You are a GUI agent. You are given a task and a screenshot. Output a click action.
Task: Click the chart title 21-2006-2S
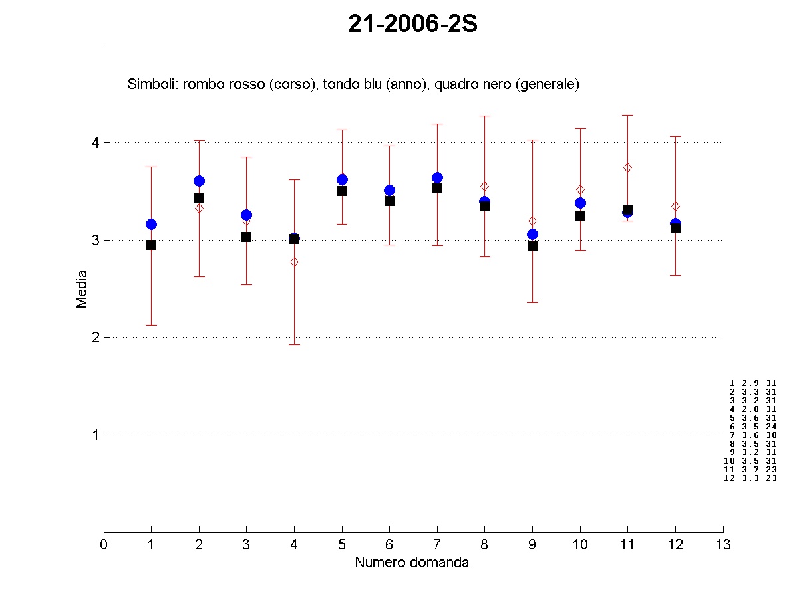pyautogui.click(x=412, y=25)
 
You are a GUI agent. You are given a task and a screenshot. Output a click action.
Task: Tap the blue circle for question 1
pyautogui.click(x=152, y=224)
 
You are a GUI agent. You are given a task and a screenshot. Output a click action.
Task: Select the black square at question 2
pyautogui.click(x=199, y=198)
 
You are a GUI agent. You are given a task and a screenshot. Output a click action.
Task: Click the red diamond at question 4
pyautogui.click(x=294, y=262)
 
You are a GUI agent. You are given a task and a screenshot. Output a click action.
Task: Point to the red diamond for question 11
pyautogui.click(x=627, y=167)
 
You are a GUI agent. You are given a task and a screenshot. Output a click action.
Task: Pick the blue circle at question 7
pyautogui.click(x=437, y=177)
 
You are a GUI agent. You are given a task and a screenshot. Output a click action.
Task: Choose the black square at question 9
pyautogui.click(x=532, y=246)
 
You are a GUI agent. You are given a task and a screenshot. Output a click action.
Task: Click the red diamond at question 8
pyautogui.click(x=485, y=186)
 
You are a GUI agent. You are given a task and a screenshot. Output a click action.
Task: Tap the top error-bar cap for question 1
pyautogui.click(x=152, y=167)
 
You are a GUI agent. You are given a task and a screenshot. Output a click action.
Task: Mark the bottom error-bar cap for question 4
pyautogui.click(x=294, y=344)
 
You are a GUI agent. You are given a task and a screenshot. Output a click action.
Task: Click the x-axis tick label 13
pyautogui.click(x=723, y=546)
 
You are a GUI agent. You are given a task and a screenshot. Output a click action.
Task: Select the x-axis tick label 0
pyautogui.click(x=104, y=546)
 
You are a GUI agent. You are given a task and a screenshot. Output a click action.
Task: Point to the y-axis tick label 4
pyautogui.click(x=95, y=142)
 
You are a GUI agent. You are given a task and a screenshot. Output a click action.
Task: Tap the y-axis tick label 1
pyautogui.click(x=95, y=435)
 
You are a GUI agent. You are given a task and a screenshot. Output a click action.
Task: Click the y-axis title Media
pyautogui.click(x=82, y=288)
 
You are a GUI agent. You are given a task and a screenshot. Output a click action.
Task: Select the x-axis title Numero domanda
pyautogui.click(x=412, y=563)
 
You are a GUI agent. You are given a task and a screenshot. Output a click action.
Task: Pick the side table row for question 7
pyautogui.click(x=752, y=435)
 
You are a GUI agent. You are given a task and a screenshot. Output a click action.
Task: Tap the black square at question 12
pyautogui.click(x=675, y=228)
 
